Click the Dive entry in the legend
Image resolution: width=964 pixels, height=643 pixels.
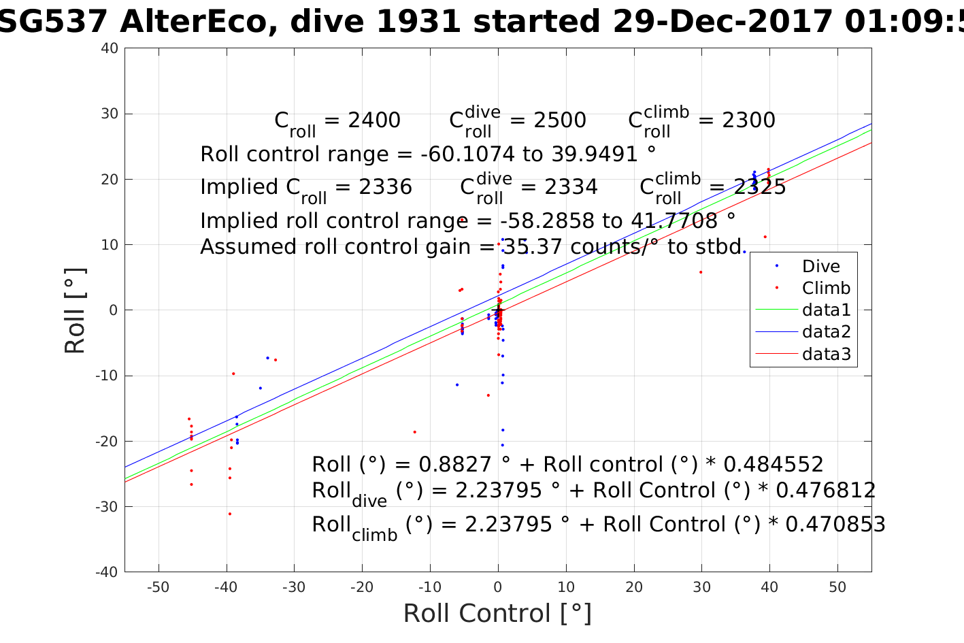click(x=820, y=267)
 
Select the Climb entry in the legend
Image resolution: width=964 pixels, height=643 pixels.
click(x=826, y=288)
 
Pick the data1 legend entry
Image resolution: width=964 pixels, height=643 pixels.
click(x=826, y=310)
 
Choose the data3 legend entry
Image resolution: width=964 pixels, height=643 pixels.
click(x=826, y=354)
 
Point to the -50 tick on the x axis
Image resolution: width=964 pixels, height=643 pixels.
click(x=158, y=587)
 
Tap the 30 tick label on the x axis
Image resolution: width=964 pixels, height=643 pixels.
click(x=701, y=587)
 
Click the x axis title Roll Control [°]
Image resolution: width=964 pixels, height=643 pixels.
click(x=497, y=614)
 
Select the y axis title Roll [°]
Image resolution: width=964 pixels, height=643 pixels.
click(x=75, y=311)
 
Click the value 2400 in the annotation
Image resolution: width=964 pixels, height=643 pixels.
click(x=374, y=120)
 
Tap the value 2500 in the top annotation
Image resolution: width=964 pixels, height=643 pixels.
click(x=560, y=120)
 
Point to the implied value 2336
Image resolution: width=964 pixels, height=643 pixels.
click(x=386, y=187)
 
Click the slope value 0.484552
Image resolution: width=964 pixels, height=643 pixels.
click(x=773, y=465)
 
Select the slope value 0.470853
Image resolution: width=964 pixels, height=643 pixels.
click(x=835, y=525)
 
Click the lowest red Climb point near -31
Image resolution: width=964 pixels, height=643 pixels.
click(x=230, y=514)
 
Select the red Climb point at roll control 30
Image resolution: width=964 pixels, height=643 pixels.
click(x=701, y=272)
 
